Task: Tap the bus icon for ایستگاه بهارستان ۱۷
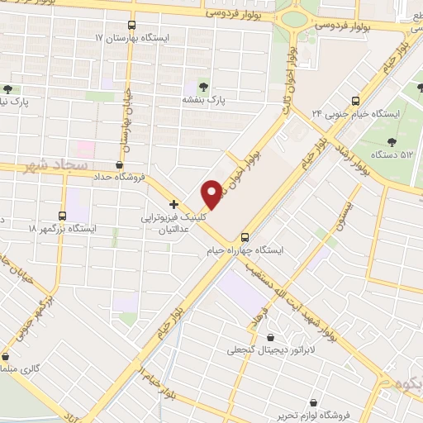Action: (132, 26)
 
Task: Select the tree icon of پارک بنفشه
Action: (204, 87)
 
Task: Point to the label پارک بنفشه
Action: (204, 100)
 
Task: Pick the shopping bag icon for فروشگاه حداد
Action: (121, 166)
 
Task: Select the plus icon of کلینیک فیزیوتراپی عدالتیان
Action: (173, 203)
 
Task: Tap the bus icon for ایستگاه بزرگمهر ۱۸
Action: (64, 215)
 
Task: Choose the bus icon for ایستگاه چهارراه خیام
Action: (245, 236)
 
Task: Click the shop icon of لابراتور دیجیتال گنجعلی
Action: (271, 337)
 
